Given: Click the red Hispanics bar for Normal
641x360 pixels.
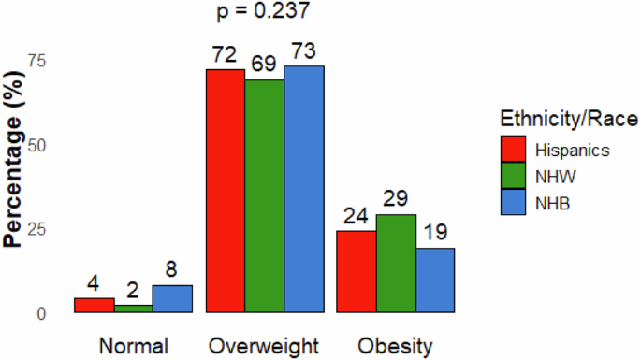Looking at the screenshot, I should click(x=94, y=306).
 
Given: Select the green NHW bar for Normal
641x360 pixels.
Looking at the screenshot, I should click(x=133, y=309).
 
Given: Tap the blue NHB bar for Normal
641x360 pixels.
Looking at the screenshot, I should click(x=172, y=299).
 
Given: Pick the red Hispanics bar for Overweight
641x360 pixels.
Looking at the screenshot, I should click(x=226, y=191).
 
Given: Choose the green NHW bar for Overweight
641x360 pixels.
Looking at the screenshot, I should click(x=265, y=196).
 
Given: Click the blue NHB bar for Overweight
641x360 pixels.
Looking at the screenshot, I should click(x=304, y=189).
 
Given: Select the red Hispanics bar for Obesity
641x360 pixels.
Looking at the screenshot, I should click(x=357, y=271).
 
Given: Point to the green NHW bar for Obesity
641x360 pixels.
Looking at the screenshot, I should click(x=397, y=264).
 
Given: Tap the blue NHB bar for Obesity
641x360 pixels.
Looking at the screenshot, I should click(x=436, y=281).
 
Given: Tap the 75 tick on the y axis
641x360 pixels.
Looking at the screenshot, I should click(x=42, y=61).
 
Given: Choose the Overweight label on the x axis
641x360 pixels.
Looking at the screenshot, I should click(x=265, y=347).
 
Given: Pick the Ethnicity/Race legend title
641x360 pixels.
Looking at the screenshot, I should click(x=569, y=119).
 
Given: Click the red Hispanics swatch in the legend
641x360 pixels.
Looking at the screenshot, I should click(x=514, y=149).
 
